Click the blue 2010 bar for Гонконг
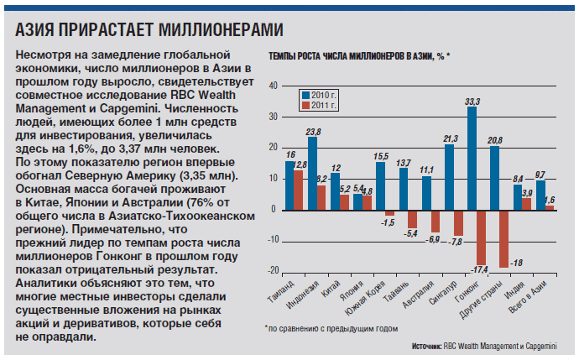click(x=472, y=158)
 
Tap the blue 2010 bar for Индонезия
click(x=312, y=174)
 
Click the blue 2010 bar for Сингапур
click(x=449, y=176)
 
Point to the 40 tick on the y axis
click(x=273, y=87)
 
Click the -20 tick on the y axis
click(x=271, y=270)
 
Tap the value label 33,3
click(x=472, y=101)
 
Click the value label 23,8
click(x=312, y=132)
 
